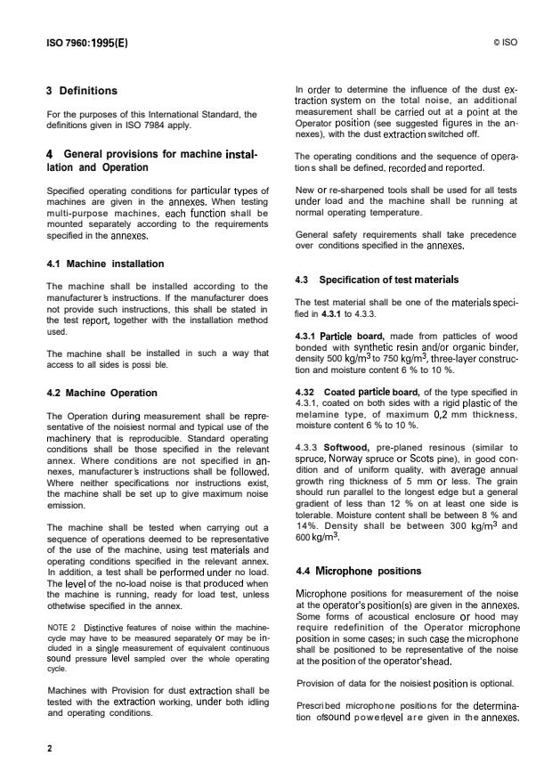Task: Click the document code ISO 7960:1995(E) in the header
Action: [x=87, y=42]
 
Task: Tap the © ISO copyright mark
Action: [x=504, y=42]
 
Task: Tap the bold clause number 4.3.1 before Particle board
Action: [x=313, y=335]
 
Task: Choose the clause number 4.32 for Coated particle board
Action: [x=306, y=392]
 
